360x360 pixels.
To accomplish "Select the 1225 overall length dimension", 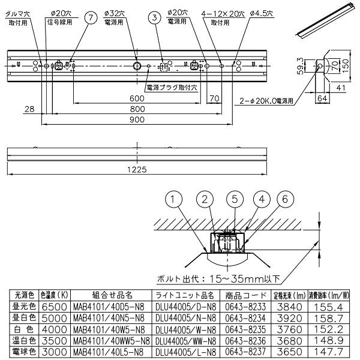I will tap(137, 170).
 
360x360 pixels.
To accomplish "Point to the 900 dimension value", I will tap(137, 120).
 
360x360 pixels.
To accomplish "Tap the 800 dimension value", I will tap(137, 109).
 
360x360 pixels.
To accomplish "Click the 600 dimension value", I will tap(137, 98).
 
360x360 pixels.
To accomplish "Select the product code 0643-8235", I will tap(246, 328).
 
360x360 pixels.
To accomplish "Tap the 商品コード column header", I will tap(246, 295).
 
